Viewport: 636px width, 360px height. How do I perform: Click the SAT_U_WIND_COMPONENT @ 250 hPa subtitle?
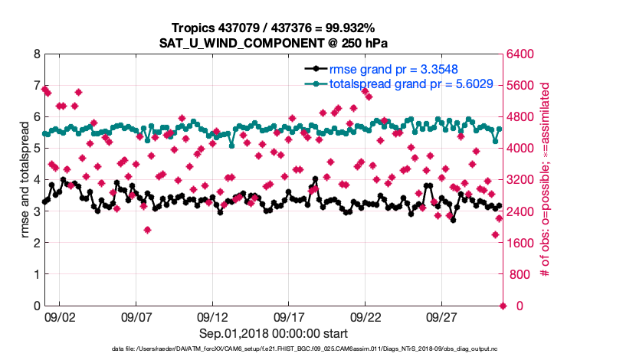(274, 42)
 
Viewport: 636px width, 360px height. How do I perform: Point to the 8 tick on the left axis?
(37, 54)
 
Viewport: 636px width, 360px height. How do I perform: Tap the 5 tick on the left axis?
(37, 149)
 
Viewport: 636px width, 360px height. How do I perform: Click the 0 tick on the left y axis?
(37, 306)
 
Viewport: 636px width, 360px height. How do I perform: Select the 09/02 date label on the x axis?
(60, 317)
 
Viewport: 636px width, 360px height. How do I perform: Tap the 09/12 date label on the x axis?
(213, 317)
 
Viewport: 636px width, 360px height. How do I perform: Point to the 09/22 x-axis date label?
(366, 317)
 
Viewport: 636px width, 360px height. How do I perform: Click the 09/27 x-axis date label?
(443, 317)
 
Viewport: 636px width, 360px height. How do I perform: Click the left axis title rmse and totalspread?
(23, 180)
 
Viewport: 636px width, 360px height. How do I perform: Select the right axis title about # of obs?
(545, 180)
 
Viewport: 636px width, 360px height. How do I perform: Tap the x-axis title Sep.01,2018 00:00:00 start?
(274, 333)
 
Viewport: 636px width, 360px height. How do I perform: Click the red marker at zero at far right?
(503, 306)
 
